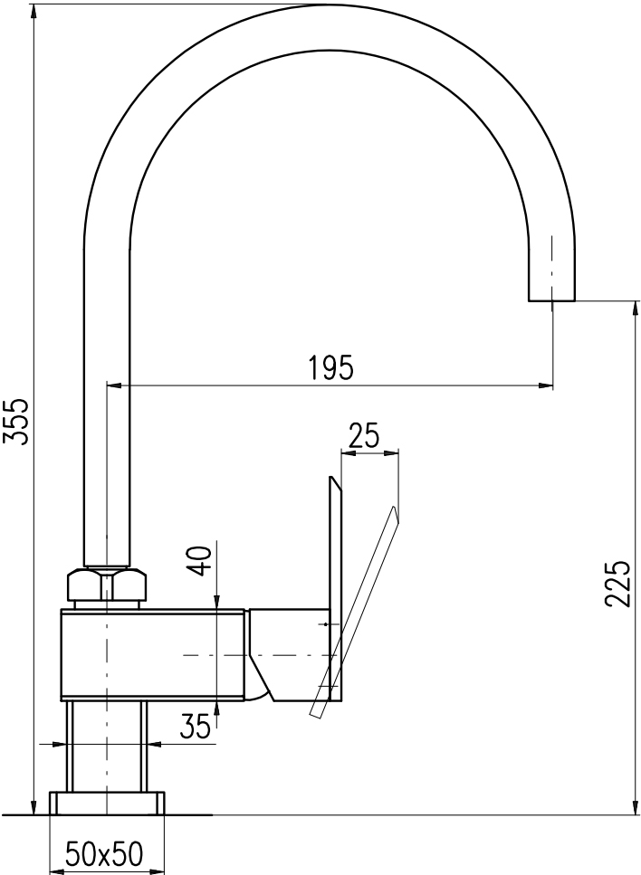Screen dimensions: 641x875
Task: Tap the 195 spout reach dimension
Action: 331,367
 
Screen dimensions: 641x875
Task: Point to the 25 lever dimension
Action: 363,435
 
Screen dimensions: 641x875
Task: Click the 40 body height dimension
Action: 203,561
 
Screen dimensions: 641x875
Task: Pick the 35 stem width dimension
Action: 196,726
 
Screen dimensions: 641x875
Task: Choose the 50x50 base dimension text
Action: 105,853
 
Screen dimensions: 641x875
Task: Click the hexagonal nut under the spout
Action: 106,585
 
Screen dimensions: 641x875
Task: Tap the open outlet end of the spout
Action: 551,300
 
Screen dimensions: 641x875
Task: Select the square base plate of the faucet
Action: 107,803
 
